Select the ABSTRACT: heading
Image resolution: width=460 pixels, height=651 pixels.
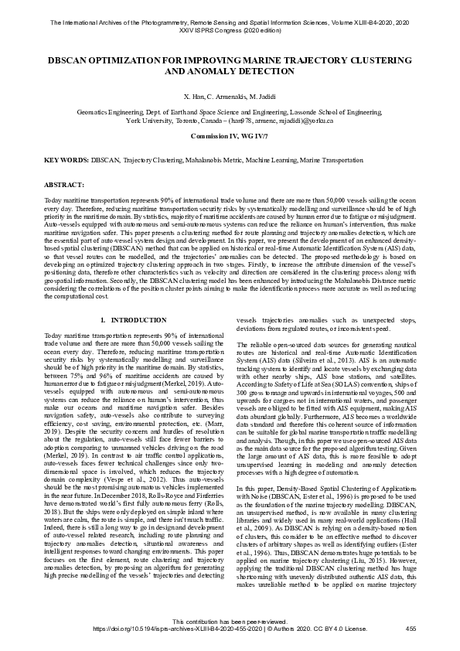(64, 186)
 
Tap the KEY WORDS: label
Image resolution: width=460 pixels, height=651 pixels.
(66, 159)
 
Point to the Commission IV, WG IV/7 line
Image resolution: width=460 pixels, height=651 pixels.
(230, 135)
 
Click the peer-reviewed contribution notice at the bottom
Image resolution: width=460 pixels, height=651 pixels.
(230, 622)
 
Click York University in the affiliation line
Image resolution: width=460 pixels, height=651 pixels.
(152, 121)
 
